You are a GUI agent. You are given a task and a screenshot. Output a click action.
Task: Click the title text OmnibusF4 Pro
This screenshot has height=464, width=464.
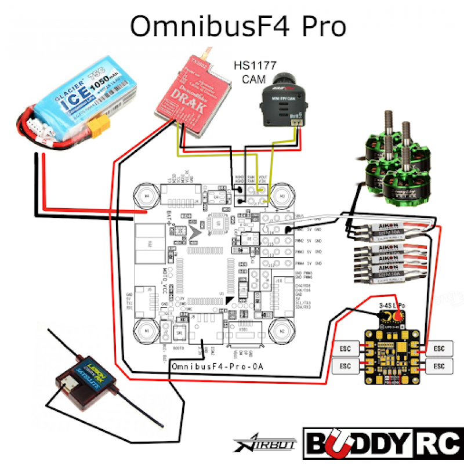(237, 26)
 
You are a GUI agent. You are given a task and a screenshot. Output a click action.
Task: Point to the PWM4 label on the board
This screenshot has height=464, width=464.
(300, 263)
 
